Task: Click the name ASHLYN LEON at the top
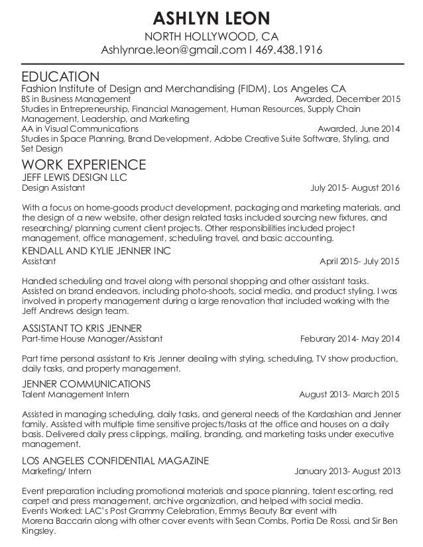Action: tap(211, 16)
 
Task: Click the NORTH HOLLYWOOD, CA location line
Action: tap(211, 35)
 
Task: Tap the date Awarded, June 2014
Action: tap(359, 128)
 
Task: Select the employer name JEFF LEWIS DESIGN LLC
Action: tap(75, 177)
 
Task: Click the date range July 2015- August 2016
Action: tap(355, 187)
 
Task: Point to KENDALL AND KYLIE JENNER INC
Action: tap(97, 250)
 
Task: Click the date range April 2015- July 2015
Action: tap(359, 261)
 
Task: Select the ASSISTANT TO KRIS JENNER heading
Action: tap(82, 328)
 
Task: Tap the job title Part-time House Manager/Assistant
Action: tap(92, 339)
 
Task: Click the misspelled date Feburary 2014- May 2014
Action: tap(350, 339)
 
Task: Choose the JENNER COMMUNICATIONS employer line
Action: tap(87, 383)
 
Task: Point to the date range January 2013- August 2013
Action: tap(347, 472)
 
